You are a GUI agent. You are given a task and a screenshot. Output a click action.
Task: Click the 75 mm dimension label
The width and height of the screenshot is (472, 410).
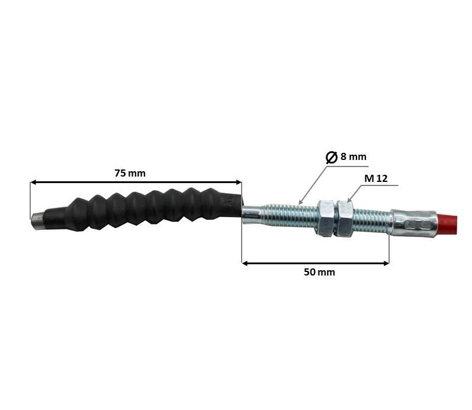point(130,173)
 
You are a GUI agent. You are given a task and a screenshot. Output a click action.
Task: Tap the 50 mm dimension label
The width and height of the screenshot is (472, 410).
point(319,272)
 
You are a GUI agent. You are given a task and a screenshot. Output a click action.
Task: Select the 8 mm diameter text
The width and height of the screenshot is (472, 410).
point(354,156)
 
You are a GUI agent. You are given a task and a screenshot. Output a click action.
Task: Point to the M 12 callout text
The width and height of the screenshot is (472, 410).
point(376,178)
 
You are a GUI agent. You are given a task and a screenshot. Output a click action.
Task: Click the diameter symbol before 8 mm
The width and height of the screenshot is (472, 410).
point(332,157)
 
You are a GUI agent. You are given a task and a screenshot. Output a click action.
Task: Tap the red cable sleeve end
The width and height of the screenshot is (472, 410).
point(447,224)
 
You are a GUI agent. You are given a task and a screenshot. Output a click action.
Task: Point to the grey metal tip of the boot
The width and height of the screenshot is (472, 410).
point(37,222)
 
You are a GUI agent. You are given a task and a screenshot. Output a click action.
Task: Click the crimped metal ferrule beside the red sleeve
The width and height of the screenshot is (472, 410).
point(414,223)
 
